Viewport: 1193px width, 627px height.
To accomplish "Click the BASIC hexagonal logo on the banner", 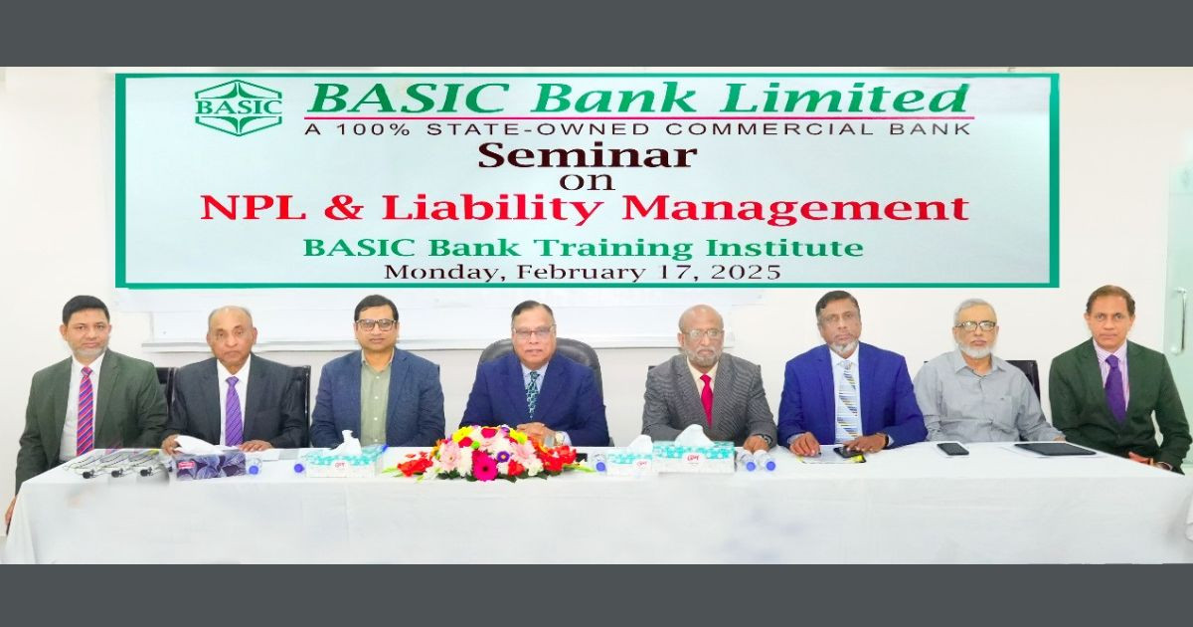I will [238, 106].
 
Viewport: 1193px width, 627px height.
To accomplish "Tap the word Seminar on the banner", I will [587, 155].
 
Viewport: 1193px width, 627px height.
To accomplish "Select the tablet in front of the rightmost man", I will [1054, 448].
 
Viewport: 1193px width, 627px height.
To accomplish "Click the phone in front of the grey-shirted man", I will [951, 449].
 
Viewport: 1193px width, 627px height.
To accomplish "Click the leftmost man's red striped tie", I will [85, 408].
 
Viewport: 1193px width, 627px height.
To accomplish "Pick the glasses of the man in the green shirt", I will [377, 324].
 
